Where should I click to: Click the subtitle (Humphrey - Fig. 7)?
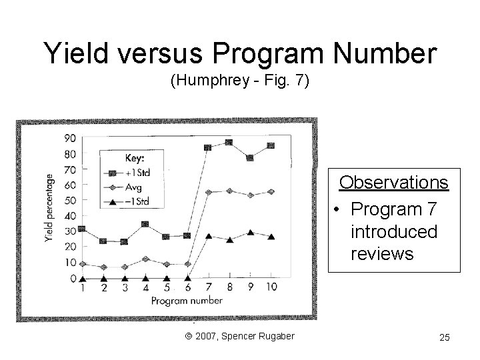click(x=240, y=82)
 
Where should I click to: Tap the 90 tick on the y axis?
click(x=69, y=138)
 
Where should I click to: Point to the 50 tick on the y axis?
click(x=69, y=200)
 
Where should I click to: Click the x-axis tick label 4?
click(x=145, y=288)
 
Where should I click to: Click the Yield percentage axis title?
click(x=49, y=208)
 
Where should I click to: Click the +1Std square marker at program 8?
click(x=229, y=143)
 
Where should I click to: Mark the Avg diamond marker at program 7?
click(x=208, y=193)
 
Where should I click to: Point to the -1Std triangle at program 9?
click(x=250, y=233)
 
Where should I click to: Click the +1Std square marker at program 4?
click(x=145, y=224)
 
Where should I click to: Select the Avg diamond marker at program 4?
click(x=145, y=259)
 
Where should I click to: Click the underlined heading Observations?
click(x=394, y=182)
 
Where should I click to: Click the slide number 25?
click(x=444, y=337)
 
